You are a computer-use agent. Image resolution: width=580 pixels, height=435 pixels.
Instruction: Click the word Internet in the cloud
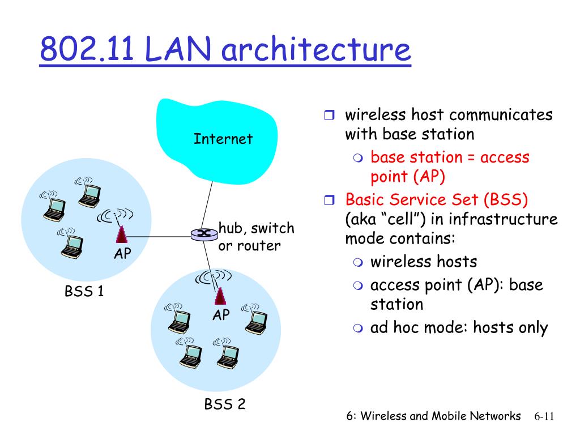223,139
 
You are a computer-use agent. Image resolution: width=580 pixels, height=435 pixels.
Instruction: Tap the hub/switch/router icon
204,234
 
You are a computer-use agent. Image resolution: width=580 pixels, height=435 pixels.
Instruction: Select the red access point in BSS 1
121,234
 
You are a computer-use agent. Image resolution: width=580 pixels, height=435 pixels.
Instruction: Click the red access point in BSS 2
220,296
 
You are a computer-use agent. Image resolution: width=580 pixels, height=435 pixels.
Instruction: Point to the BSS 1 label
84,291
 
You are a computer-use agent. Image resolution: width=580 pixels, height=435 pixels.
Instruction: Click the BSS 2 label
224,404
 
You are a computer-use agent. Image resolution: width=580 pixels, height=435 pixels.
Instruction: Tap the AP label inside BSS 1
122,254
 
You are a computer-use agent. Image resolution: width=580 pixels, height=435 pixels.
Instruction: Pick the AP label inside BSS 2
221,315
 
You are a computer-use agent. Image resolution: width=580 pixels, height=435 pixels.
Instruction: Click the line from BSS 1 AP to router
159,236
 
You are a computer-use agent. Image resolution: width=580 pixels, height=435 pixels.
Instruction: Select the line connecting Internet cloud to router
207,205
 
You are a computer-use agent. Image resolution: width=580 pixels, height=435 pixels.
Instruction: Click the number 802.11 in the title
87,49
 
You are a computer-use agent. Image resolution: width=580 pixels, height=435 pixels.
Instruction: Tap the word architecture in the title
316,49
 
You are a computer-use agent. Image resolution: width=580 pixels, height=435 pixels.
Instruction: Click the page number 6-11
544,416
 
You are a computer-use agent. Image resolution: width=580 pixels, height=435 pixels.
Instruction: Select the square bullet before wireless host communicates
329,115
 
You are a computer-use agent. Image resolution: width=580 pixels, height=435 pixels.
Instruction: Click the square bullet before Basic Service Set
329,200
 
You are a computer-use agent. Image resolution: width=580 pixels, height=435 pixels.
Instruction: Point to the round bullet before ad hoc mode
358,328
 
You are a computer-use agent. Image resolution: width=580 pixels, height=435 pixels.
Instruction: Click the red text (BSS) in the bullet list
506,200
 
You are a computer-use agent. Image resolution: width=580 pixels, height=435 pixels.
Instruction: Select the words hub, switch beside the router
257,228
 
